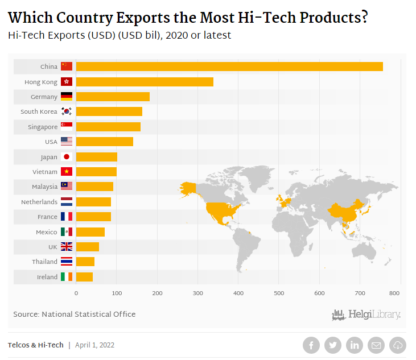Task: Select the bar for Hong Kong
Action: (145, 82)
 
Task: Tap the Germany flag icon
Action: (67, 97)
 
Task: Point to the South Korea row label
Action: (39, 111)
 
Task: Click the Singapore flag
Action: (67, 127)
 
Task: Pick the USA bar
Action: (104, 142)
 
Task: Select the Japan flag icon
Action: (67, 157)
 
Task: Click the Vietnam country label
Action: (45, 172)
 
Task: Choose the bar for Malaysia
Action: (94, 187)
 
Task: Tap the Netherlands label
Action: (39, 202)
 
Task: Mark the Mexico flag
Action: (67, 231)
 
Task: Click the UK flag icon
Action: (67, 247)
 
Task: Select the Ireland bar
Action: (84, 277)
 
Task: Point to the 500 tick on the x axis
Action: (279, 293)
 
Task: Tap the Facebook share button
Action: (311, 345)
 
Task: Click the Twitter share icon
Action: (333, 345)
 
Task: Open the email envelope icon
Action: (376, 345)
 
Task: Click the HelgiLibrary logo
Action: (366, 315)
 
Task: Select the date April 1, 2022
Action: (94, 345)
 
